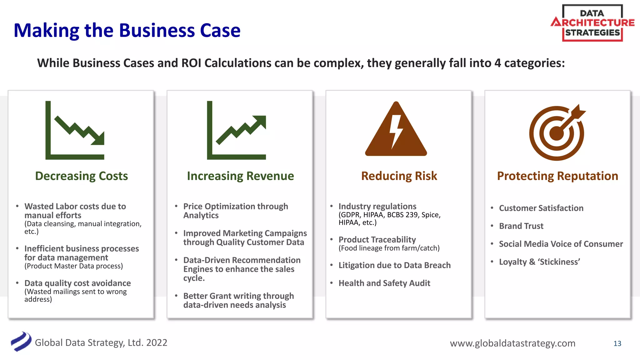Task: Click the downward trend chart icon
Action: [75, 130]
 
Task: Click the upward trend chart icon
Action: [237, 130]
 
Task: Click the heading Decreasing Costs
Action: [81, 176]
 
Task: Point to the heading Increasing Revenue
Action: [240, 176]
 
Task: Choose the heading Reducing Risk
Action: [399, 176]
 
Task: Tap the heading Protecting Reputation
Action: [557, 176]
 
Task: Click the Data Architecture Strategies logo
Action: [592, 23]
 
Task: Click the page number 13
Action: [617, 343]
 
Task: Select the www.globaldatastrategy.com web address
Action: [512, 343]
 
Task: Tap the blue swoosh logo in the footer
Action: [21, 342]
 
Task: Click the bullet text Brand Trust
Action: [521, 226]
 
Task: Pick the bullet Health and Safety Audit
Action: [384, 283]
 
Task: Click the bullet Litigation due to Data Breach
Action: [394, 265]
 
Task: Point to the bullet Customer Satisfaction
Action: [541, 208]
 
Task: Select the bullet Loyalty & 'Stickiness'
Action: [539, 262]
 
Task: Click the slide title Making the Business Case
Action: [127, 31]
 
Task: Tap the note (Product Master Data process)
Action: [74, 266]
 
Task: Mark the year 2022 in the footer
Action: [157, 343]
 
